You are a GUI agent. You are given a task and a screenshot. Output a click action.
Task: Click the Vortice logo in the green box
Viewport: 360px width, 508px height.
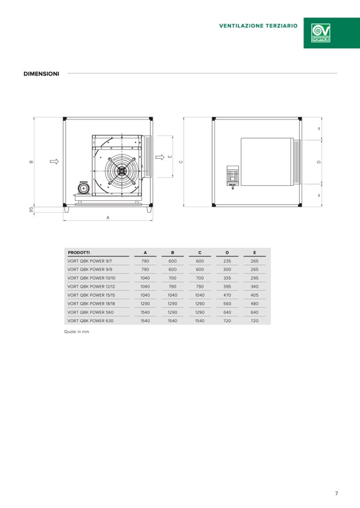[x=320, y=33]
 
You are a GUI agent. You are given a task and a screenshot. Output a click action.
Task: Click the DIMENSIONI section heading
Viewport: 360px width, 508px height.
[x=41, y=74]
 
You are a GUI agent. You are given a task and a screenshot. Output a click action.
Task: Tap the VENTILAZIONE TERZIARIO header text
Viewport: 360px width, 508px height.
[x=258, y=26]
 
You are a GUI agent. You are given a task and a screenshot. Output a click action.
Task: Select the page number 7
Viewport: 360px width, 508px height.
[x=336, y=493]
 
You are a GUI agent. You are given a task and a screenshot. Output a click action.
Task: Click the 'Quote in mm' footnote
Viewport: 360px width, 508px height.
[x=76, y=332]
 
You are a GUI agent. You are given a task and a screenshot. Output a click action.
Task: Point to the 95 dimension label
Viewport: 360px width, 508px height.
[x=31, y=210]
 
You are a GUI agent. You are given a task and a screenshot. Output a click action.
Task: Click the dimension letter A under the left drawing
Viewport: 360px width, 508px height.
[x=108, y=218]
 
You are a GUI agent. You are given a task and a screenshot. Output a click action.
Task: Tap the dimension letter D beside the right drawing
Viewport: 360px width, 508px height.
[x=319, y=162]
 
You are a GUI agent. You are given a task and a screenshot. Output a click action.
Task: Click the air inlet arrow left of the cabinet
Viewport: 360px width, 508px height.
[x=55, y=162]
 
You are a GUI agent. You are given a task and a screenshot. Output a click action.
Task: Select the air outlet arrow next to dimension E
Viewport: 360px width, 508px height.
[x=160, y=157]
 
